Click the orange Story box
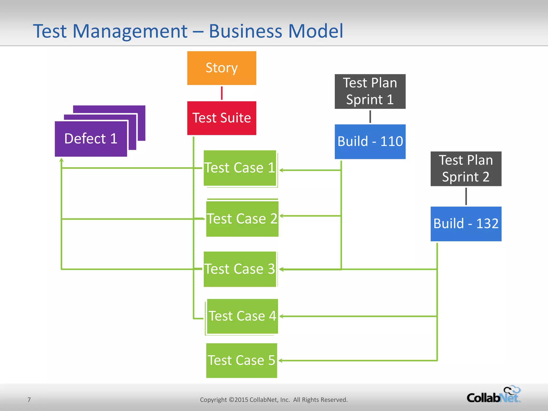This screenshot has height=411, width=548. (222, 68)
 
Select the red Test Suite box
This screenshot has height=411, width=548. (222, 118)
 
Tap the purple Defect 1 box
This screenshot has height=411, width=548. (91, 139)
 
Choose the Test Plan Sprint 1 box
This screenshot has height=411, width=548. (370, 91)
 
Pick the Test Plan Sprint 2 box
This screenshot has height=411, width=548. (466, 169)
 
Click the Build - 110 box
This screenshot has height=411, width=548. (370, 142)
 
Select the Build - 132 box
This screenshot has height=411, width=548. (466, 224)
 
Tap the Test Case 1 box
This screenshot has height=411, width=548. (240, 168)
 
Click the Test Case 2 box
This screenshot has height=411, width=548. (242, 219)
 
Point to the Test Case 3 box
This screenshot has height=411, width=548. (240, 269)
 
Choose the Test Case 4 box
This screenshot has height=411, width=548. (242, 316)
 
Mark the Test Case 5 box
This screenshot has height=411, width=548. (241, 360)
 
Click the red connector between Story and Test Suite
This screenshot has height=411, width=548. (222, 93)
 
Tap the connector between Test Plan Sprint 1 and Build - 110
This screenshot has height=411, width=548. (370, 117)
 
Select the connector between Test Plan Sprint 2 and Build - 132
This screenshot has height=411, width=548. (466, 196)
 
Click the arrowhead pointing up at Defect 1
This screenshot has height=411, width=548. (62, 160)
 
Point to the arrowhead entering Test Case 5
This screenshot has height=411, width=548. (281, 361)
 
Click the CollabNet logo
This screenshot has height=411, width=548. (494, 395)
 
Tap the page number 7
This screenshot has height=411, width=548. (29, 400)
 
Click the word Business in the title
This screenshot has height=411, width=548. (245, 31)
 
